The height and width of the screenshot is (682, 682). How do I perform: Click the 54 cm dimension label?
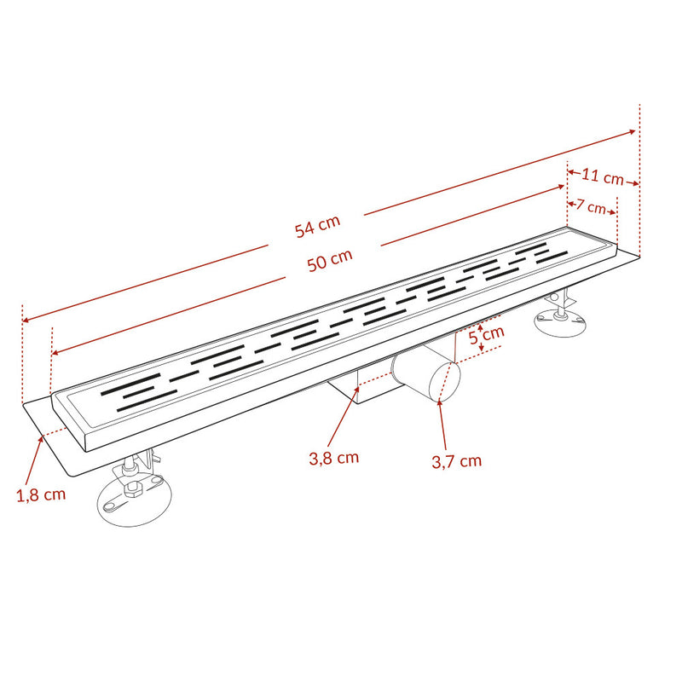pos(317,227)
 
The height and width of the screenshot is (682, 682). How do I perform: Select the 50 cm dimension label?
pos(330,260)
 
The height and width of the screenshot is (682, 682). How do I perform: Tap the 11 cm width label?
pos(603,176)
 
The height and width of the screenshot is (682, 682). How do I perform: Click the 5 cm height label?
pos(487,335)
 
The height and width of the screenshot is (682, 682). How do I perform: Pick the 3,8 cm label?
pos(334,458)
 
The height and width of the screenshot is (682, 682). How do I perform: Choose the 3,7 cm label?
pos(457,461)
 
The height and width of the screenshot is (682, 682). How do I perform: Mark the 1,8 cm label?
pos(41,494)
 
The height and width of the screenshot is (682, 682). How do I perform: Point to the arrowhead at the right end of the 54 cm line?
pos(633,131)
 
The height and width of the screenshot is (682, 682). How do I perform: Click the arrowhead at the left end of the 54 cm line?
pos(25,321)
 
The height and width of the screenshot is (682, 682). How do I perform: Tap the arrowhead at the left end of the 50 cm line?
pos(55,353)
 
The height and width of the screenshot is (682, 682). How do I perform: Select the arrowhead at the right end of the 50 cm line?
pos(562,187)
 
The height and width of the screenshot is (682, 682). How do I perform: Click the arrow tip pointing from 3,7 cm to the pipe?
pos(439,401)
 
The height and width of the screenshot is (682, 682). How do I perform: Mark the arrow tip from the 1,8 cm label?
pos(42,437)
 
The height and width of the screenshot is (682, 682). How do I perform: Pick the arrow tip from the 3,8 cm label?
pos(358,388)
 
